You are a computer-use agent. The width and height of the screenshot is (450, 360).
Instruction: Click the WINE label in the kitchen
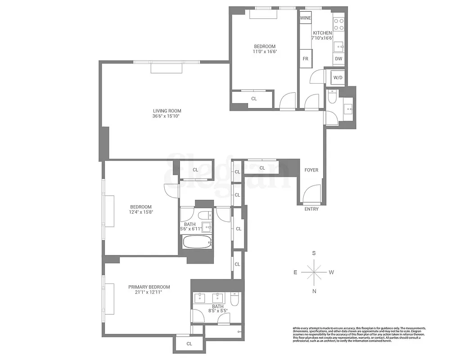point(306,18)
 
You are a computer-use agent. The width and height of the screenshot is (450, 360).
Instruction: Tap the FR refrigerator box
point(305,59)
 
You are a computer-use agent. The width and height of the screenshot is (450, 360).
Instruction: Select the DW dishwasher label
point(338,59)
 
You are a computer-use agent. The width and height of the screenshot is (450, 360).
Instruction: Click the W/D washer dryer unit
point(337,78)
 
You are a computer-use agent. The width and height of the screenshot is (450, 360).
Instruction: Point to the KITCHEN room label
point(322,33)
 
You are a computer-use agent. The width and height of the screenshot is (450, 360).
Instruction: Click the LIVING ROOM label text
point(167,111)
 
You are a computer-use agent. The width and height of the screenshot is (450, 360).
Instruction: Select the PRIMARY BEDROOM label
point(149,287)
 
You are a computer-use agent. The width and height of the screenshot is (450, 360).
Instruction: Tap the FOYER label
point(311,170)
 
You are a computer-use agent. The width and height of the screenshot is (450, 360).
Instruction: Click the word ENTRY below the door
point(311,209)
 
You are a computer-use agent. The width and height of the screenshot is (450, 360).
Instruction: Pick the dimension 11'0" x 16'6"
point(265,52)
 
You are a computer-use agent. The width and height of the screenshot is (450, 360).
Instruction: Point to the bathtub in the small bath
point(197,242)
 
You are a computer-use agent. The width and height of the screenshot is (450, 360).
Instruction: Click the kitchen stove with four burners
point(339,23)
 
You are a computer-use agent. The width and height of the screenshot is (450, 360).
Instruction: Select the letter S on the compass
point(314,253)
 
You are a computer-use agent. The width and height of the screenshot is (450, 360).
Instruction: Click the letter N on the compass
point(314,291)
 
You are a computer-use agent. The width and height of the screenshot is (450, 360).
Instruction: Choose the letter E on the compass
point(295,272)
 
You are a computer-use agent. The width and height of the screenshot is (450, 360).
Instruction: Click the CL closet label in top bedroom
point(254,99)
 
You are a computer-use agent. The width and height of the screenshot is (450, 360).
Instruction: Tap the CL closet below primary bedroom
point(189,344)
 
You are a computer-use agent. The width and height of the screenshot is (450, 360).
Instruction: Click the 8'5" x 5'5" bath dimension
point(217,310)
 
